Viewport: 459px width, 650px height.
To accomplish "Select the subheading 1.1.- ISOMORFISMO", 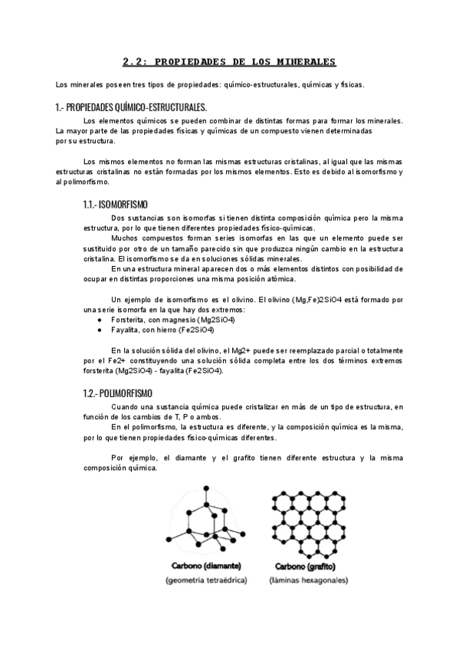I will (x=116, y=205).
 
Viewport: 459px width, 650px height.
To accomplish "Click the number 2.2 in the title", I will (x=136, y=62).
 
